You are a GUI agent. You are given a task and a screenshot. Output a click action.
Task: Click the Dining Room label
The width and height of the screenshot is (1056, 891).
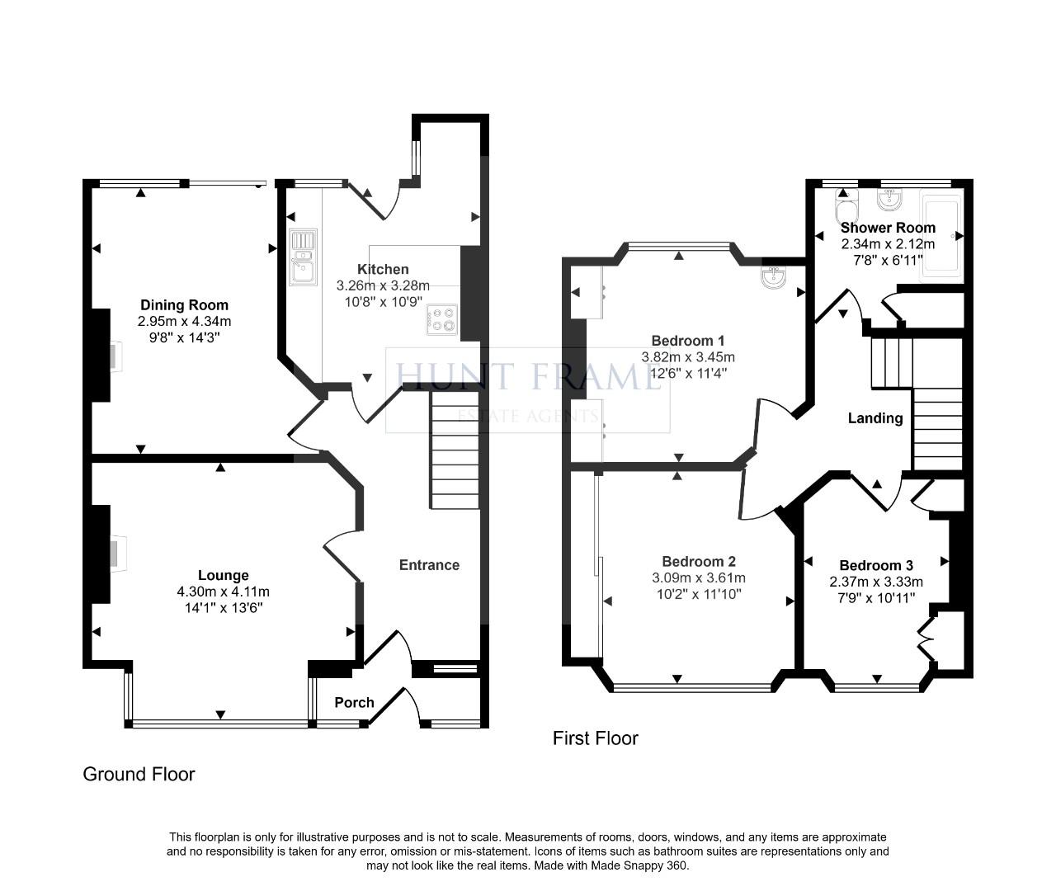pyautogui.click(x=184, y=305)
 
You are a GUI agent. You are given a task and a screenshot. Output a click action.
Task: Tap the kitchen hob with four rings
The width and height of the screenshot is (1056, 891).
pyautogui.click(x=442, y=320)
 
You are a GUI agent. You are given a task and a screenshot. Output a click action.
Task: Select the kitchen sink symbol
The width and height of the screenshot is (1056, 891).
pyautogui.click(x=303, y=257)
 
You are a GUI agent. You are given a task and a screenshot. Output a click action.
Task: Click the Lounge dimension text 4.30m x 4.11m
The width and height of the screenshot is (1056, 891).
pyautogui.click(x=223, y=592)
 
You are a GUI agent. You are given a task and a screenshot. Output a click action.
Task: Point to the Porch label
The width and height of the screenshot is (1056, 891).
pyautogui.click(x=354, y=703)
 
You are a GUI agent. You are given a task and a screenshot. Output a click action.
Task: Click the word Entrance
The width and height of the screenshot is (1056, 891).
pyautogui.click(x=429, y=565)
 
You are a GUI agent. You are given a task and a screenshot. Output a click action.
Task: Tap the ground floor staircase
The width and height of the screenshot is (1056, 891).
pyautogui.click(x=455, y=451)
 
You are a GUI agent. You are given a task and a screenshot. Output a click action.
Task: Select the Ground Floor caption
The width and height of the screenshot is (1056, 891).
pyautogui.click(x=139, y=774)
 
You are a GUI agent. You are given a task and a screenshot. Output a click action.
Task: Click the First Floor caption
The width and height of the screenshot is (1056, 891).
pyautogui.click(x=595, y=738)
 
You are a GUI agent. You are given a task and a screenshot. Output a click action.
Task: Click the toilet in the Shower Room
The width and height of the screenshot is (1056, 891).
pyautogui.click(x=846, y=204)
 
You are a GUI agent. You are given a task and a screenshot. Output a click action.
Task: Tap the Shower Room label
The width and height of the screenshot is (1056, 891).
pyautogui.click(x=888, y=228)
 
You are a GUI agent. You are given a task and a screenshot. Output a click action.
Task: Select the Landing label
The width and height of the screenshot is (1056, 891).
pyautogui.click(x=875, y=418)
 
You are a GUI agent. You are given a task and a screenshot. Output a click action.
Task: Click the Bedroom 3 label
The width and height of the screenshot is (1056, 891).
pyautogui.click(x=876, y=565)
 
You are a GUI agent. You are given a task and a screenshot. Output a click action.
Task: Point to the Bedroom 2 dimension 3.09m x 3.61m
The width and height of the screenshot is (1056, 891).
pyautogui.click(x=699, y=577)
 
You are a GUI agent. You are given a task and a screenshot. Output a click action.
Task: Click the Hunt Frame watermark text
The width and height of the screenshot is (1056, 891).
pyautogui.click(x=528, y=377)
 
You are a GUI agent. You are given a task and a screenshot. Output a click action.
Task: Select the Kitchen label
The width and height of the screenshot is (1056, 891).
pyautogui.click(x=383, y=270)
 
